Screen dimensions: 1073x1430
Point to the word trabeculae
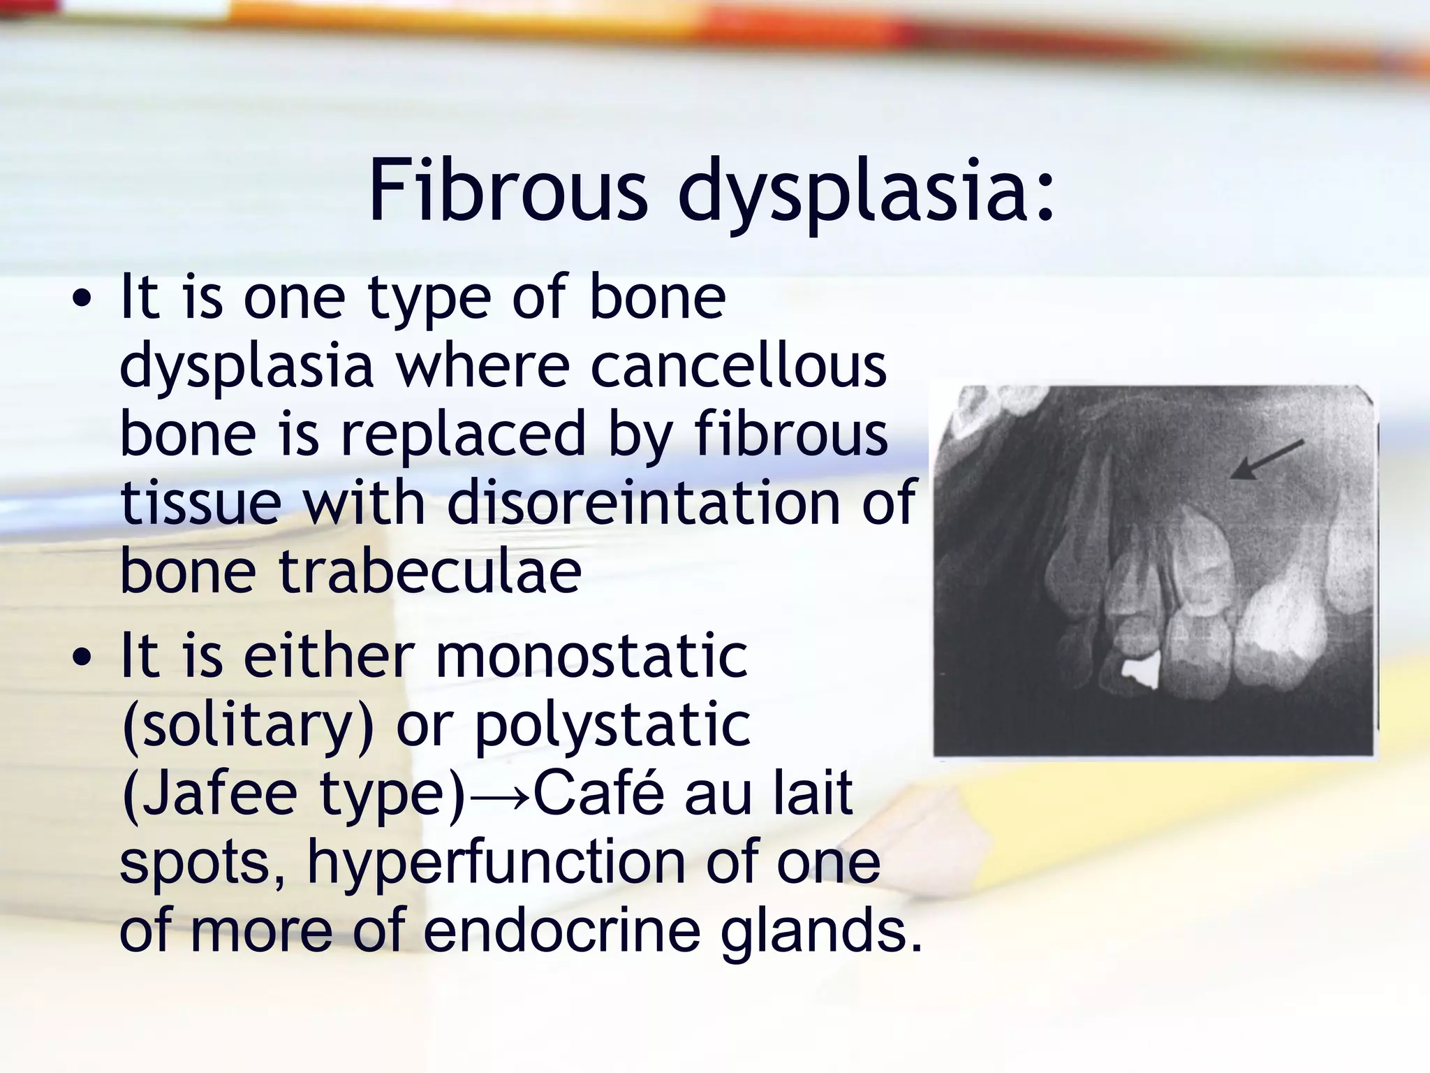coord(430,571)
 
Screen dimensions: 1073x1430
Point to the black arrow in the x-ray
coord(1265,460)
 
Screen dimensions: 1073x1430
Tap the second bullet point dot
coord(83,658)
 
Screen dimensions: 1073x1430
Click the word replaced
coord(463,434)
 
